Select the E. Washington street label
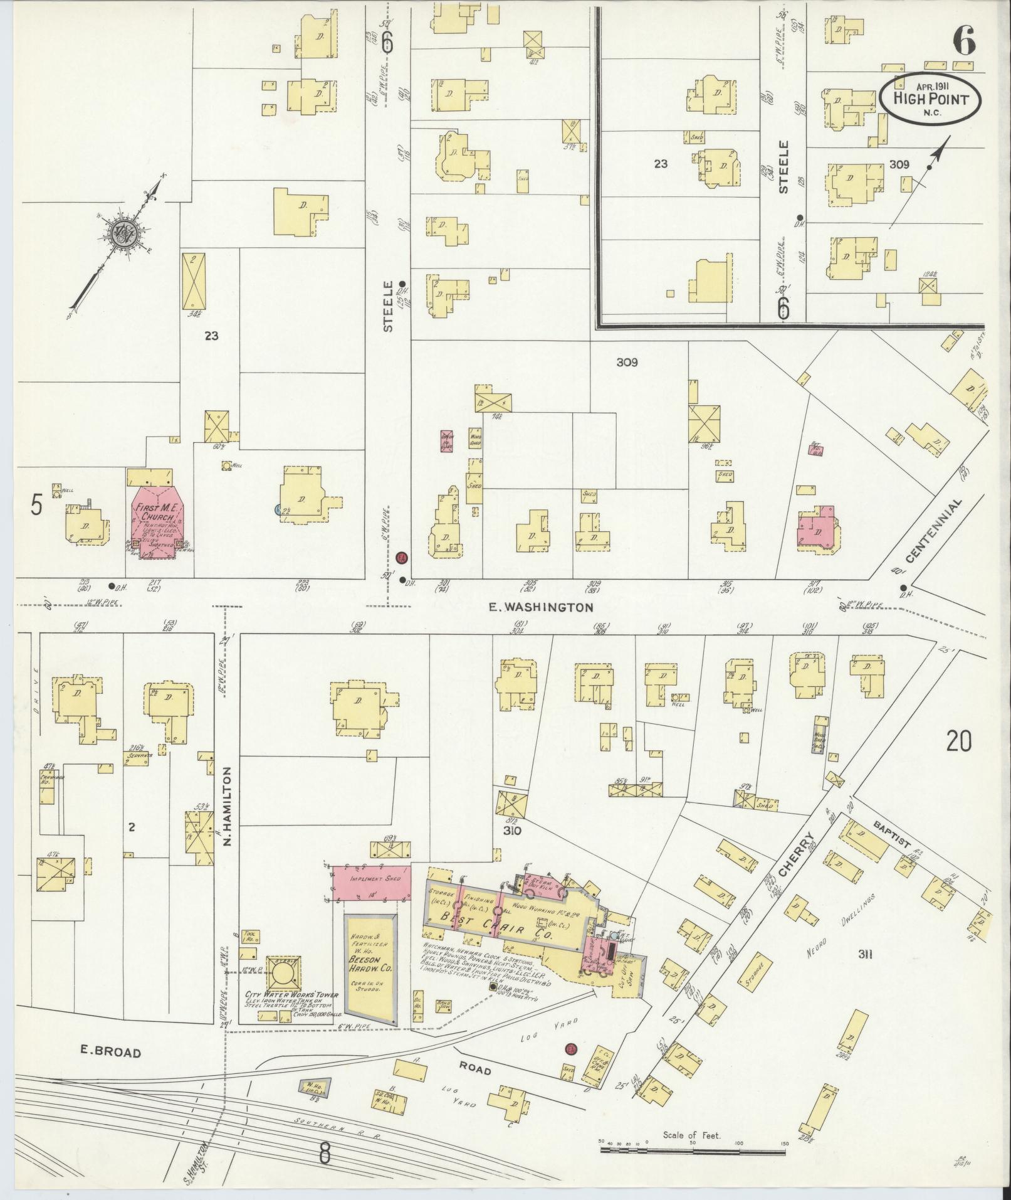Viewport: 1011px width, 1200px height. [540, 607]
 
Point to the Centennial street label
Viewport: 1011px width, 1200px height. [933, 531]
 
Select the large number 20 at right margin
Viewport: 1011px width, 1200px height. [959, 741]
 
